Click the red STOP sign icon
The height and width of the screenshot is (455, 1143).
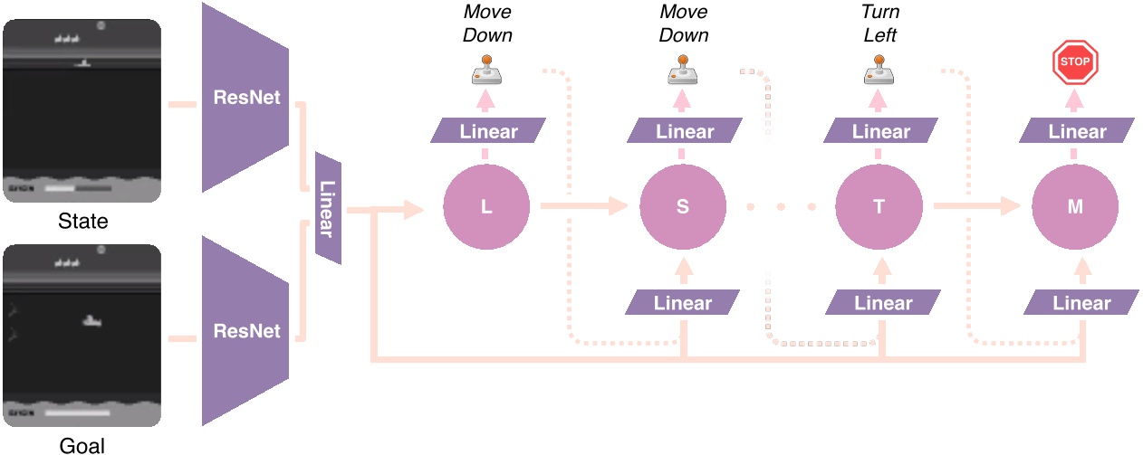pos(1075,63)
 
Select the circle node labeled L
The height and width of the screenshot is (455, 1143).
pos(486,206)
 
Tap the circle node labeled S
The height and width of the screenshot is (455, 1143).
pos(682,206)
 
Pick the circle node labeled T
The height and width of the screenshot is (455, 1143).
pos(879,206)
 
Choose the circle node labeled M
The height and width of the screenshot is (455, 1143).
pos(1075,206)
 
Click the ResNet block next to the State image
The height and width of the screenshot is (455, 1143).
pos(245,97)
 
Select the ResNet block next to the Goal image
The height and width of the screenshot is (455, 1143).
pos(245,330)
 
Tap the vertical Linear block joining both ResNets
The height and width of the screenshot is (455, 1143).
pos(328,208)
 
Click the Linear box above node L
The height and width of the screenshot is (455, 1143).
pos(488,131)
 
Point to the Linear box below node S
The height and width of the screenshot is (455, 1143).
pos(683,302)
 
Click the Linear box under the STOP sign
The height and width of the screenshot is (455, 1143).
pos(1075,131)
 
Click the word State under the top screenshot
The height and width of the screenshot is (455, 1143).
pos(82,222)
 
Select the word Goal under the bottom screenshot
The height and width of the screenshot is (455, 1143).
pos(82,445)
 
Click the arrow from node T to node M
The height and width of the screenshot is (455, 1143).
pos(978,206)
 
